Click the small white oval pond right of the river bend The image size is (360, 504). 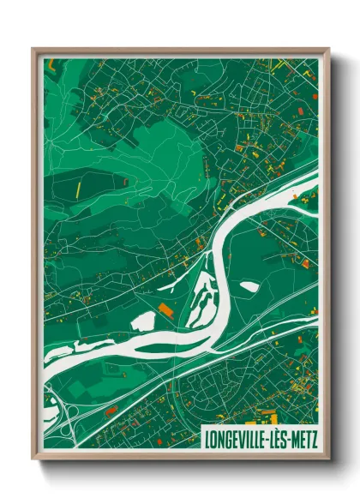[x=249, y=286]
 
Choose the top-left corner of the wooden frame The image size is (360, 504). [x=33, y=49]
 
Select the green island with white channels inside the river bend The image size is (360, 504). [x=199, y=296]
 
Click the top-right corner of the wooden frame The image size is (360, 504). [x=328, y=49]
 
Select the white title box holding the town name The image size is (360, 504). [x=258, y=438]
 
